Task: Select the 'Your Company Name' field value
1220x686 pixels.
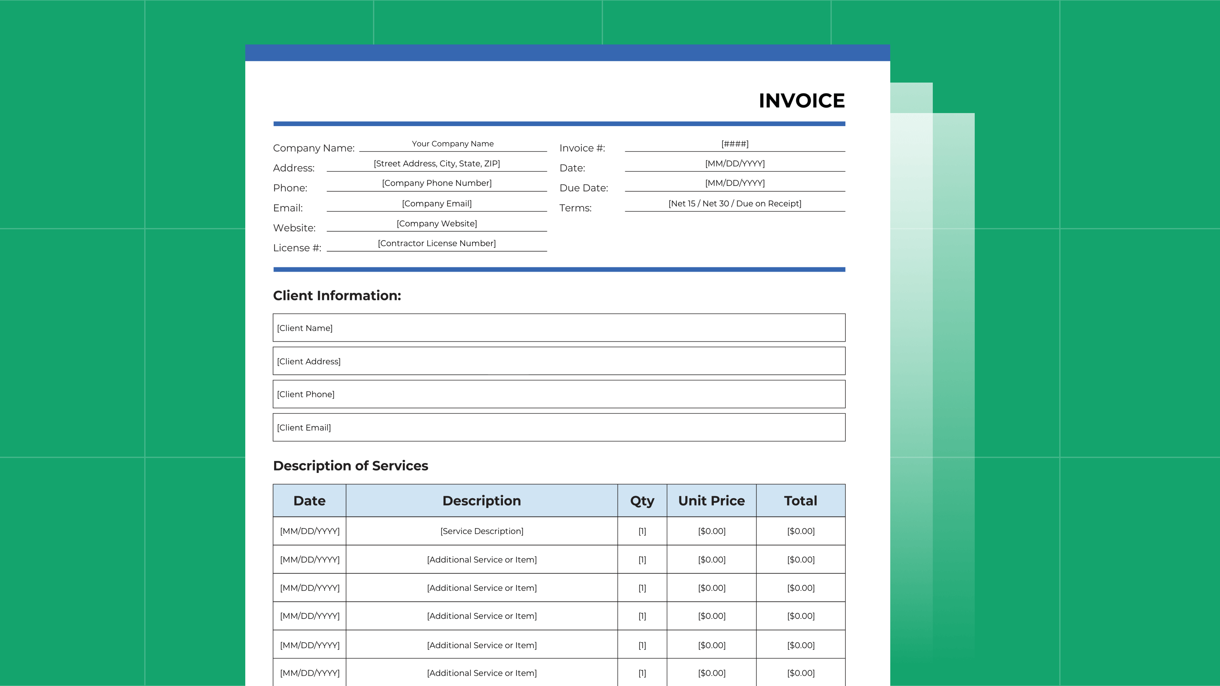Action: [x=452, y=144]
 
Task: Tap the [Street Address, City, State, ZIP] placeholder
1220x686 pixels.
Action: [x=436, y=163]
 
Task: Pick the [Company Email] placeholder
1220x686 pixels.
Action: [x=436, y=204]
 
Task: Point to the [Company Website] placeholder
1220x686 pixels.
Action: [x=436, y=224]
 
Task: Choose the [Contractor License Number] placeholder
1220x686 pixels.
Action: [x=436, y=243]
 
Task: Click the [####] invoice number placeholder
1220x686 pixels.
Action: [x=735, y=144]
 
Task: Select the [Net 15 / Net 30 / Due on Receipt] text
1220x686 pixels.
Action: [x=735, y=204]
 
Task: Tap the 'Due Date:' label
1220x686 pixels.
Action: [x=584, y=188]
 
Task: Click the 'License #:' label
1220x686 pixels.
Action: [x=297, y=248]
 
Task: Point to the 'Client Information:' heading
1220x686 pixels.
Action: [x=337, y=295]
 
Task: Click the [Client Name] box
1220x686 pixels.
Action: [x=559, y=328]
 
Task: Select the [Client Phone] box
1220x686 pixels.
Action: [x=559, y=394]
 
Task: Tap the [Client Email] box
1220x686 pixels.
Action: [x=559, y=427]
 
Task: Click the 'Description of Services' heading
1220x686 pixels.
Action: [x=350, y=466]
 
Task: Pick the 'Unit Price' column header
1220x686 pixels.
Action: [x=711, y=501]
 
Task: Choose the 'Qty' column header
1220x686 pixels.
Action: [x=642, y=501]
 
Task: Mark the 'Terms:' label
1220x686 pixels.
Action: [x=575, y=208]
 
